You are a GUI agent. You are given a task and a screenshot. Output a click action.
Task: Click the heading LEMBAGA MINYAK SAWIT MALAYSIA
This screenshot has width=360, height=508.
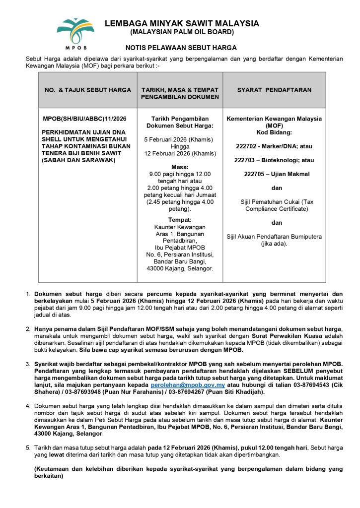181,23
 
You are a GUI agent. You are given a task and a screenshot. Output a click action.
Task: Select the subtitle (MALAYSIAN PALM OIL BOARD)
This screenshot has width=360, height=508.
181,32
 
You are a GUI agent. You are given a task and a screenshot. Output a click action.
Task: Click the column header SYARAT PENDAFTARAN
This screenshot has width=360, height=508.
274,90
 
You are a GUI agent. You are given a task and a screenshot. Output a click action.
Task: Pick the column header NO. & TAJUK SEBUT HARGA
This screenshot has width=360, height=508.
88,90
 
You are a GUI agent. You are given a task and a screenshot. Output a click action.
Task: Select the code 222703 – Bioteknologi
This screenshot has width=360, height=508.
274,160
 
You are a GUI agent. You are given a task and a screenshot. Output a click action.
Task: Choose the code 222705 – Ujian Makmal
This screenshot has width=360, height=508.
277,174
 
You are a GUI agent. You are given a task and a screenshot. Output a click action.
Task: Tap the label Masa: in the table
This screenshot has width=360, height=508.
180,167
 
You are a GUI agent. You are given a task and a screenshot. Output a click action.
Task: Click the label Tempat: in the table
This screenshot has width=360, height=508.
180,220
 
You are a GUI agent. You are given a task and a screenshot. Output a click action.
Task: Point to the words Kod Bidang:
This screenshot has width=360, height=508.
274,132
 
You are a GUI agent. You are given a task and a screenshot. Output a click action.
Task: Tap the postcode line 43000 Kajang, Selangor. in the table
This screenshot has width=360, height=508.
180,268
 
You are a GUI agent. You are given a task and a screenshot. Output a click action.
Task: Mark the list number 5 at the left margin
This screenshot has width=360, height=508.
28,447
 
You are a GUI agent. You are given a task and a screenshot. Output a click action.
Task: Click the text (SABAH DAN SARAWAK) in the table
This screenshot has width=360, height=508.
78,160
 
